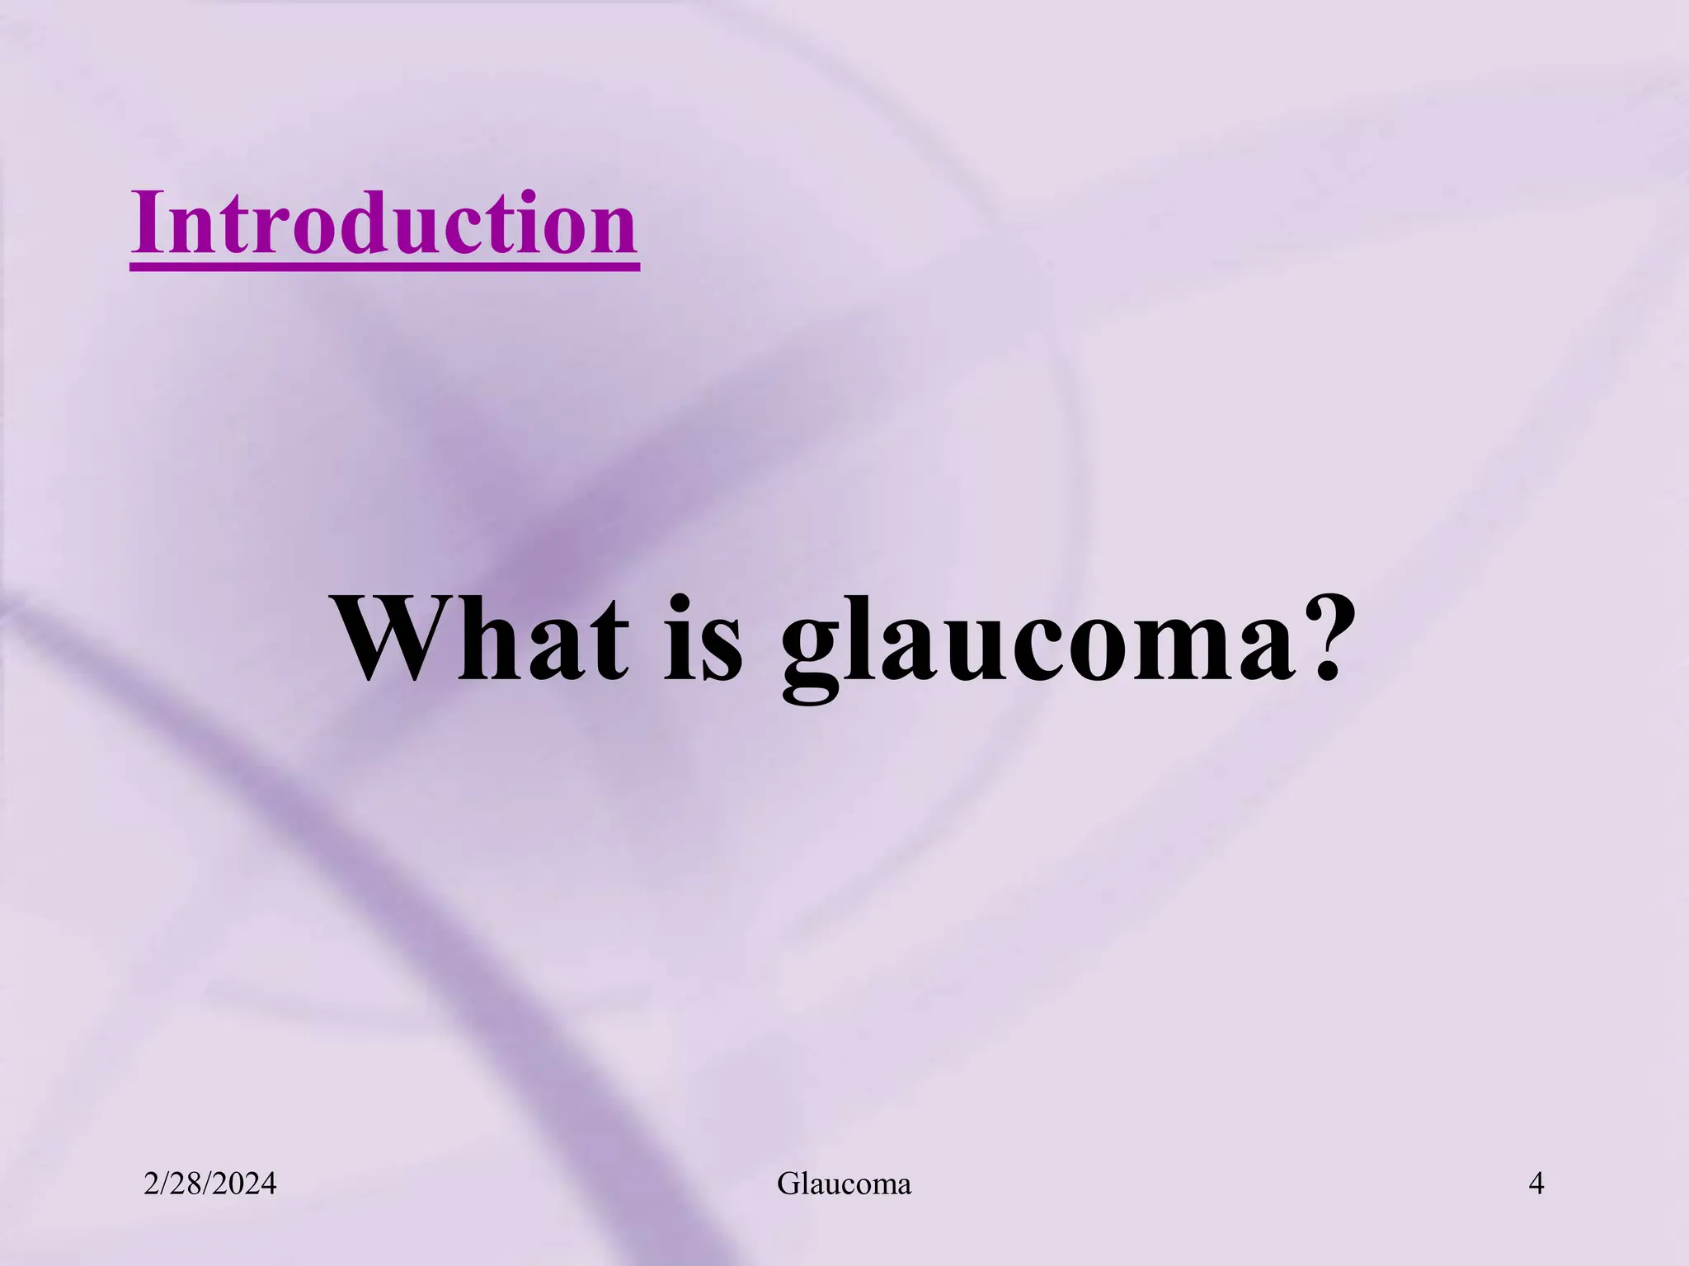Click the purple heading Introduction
(x=384, y=223)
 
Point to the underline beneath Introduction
(x=384, y=265)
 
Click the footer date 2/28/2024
(x=209, y=1184)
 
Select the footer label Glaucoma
(x=844, y=1184)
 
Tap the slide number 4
(x=1536, y=1184)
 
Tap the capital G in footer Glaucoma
(x=788, y=1184)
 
